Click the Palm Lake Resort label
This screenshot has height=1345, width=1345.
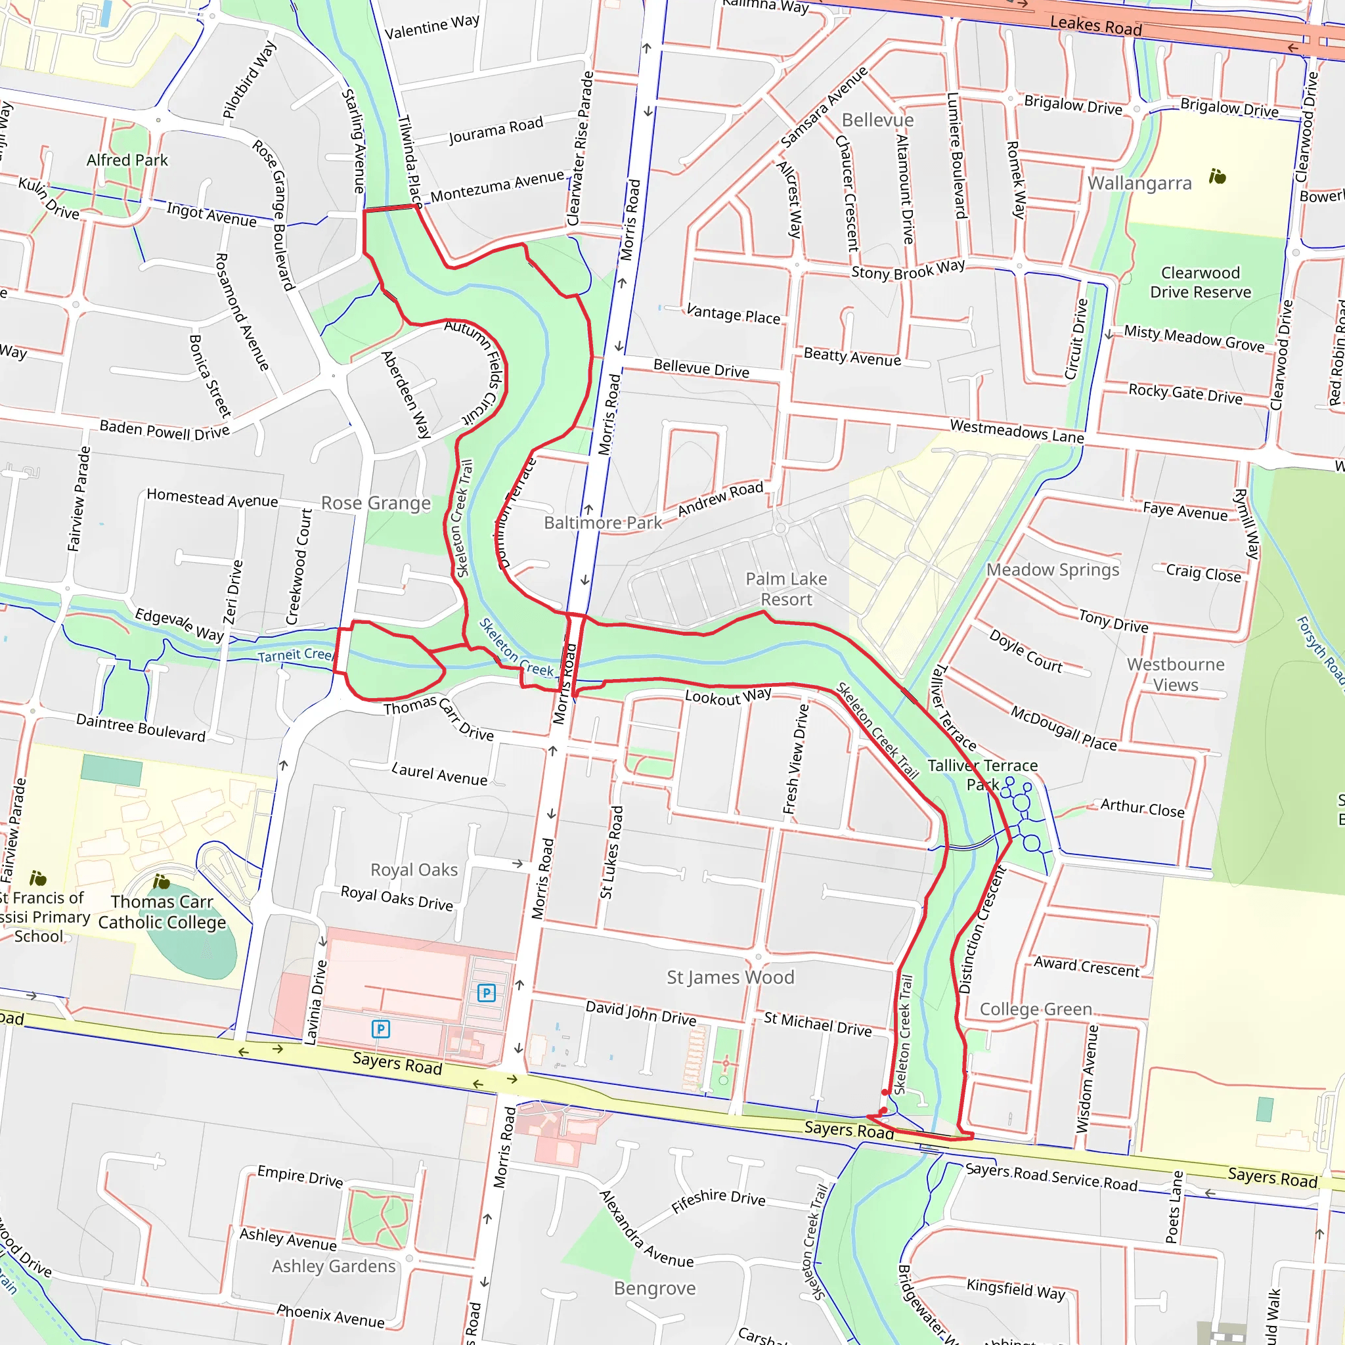click(x=786, y=589)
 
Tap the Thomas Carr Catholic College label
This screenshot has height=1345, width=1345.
click(x=162, y=912)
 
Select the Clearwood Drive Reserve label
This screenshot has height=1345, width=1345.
click(x=1201, y=282)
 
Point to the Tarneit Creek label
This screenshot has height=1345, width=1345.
click(x=295, y=655)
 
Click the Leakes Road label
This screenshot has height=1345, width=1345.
click(x=1096, y=26)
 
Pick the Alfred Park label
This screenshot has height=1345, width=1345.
click(x=127, y=160)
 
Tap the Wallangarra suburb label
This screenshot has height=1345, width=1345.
click(x=1139, y=183)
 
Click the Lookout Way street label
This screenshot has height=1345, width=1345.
click(x=728, y=695)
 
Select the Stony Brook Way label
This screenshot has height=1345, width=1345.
click(x=908, y=269)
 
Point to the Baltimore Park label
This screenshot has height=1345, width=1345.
click(x=603, y=523)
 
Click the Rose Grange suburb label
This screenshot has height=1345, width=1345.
click(x=376, y=503)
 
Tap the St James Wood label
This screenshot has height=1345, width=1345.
click(x=730, y=977)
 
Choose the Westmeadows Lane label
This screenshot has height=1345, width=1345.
click(x=1017, y=431)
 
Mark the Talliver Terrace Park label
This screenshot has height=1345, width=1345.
click(x=982, y=775)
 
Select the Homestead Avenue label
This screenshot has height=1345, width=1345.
click(x=212, y=498)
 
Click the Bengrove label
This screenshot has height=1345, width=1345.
click(x=654, y=1289)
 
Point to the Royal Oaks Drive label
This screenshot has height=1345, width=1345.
click(x=397, y=898)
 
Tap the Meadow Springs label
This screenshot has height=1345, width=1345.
click(x=1053, y=569)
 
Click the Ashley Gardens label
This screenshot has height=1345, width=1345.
click(x=334, y=1266)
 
